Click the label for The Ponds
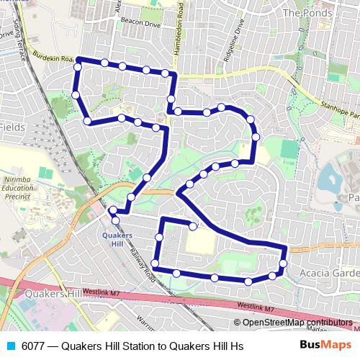point(307,13)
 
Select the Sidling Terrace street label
point(18,40)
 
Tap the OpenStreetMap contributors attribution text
point(297,323)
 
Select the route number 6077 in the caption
point(34,346)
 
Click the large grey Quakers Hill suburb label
point(54,294)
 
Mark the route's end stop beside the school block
point(193,226)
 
